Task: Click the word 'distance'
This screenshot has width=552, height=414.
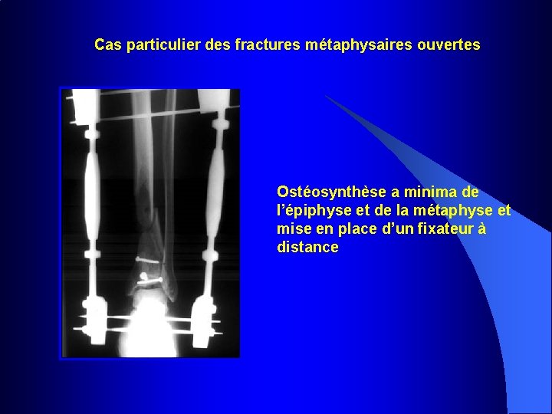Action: pyautogui.click(x=307, y=247)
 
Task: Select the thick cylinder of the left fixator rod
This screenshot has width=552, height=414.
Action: pyautogui.click(x=92, y=192)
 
